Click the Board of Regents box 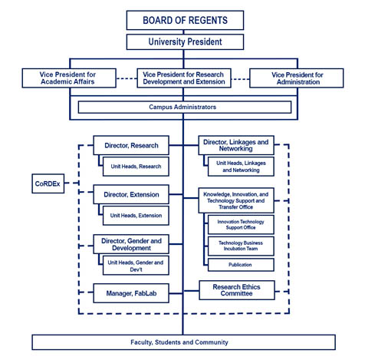click(185, 20)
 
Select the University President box click(185, 42)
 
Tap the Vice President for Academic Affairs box click(69, 78)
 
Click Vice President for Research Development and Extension click(184, 78)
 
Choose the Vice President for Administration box click(297, 78)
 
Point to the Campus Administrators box click(185, 107)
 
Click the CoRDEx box click(48, 183)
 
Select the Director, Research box click(131, 145)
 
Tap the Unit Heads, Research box click(136, 167)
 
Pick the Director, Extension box click(131, 194)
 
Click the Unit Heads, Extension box click(136, 216)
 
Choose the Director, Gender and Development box click(131, 244)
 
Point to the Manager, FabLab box click(131, 293)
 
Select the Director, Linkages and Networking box click(236, 145)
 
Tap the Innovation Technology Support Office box click(241, 225)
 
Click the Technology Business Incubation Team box click(241, 246)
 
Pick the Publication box click(241, 265)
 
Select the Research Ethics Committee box click(237, 290)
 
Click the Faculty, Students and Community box click(184, 342)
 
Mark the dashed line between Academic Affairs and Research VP click(127, 78)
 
